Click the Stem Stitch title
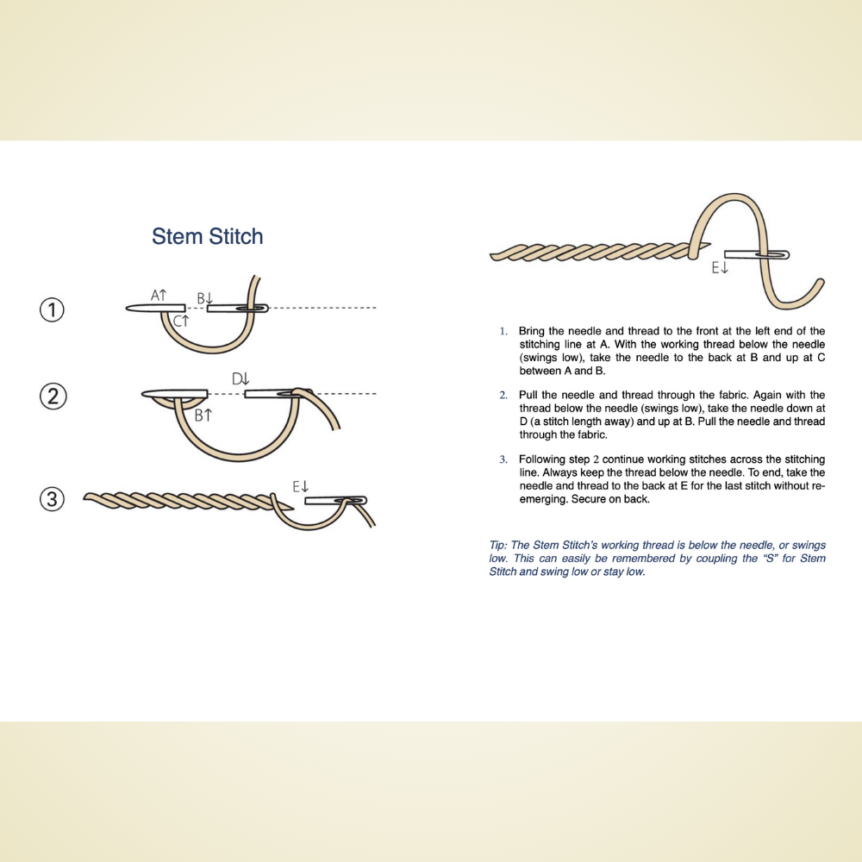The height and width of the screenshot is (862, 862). coord(207,236)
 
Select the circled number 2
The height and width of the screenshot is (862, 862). coord(53,397)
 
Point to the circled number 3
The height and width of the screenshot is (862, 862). coord(53,499)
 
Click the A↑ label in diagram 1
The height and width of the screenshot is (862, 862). coord(159,296)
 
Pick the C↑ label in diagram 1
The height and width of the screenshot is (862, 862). coord(181,321)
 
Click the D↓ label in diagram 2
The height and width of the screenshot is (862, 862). coord(240,378)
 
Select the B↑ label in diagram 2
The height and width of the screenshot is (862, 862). coord(203,415)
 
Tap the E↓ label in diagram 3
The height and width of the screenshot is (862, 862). coord(300,487)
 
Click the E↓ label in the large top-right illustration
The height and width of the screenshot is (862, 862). coord(720,269)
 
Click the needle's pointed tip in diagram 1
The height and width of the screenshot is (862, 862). coord(128,308)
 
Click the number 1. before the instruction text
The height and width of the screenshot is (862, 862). coord(503,332)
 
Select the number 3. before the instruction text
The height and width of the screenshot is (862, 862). coord(503,459)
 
